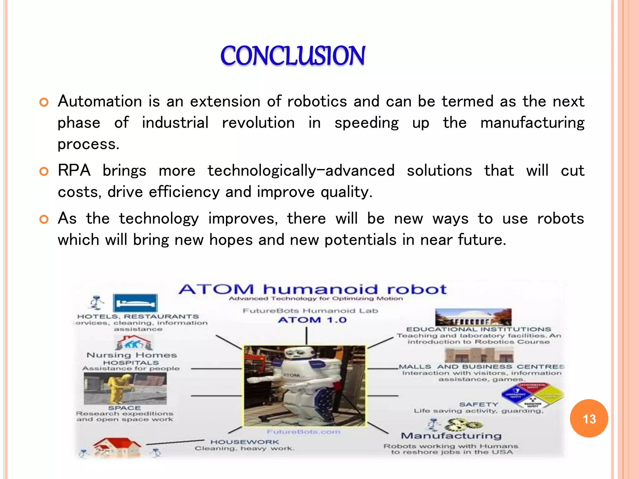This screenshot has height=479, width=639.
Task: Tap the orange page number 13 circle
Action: click(589, 419)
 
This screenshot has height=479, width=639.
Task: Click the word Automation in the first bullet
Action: click(100, 101)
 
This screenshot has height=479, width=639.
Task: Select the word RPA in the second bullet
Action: click(74, 171)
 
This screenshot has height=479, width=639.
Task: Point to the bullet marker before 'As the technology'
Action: click(44, 220)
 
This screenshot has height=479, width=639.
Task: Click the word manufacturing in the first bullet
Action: click(532, 123)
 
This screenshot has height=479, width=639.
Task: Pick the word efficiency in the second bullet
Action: click(184, 192)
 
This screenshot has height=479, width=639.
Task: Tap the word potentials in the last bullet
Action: click(360, 240)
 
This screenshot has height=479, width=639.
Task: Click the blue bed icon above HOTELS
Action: click(135, 303)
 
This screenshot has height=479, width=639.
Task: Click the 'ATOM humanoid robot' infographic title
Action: click(313, 289)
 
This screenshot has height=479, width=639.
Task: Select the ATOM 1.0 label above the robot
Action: click(312, 320)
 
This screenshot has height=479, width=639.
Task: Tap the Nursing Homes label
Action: click(131, 355)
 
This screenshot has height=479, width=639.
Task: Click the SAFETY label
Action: click(479, 404)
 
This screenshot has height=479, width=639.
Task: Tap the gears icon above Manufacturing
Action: click(463, 425)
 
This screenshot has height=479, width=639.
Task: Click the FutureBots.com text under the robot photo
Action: click(303, 432)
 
